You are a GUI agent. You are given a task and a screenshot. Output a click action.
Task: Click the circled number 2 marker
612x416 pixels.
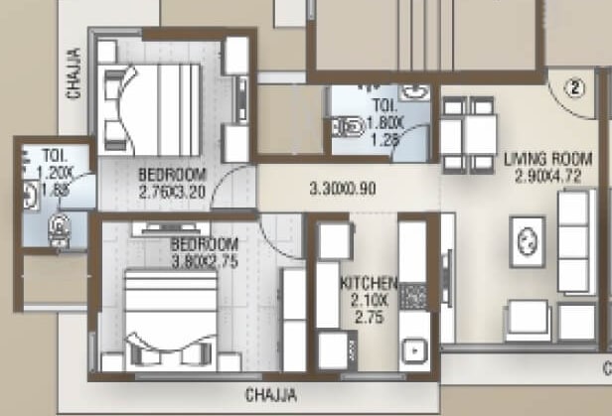coord(573,85)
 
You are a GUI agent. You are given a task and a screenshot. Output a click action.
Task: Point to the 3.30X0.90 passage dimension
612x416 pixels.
coord(342,188)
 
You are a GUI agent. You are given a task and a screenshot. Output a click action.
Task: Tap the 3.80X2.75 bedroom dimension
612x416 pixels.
coord(204,261)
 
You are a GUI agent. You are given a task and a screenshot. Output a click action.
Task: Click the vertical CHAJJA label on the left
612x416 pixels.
coord(74,76)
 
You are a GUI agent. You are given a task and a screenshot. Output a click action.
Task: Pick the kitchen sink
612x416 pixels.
coord(412,350)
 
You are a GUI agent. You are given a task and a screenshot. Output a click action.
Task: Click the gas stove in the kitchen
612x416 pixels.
coord(413,296)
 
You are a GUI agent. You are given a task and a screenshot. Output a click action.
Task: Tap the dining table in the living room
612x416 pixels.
coord(469,131)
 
